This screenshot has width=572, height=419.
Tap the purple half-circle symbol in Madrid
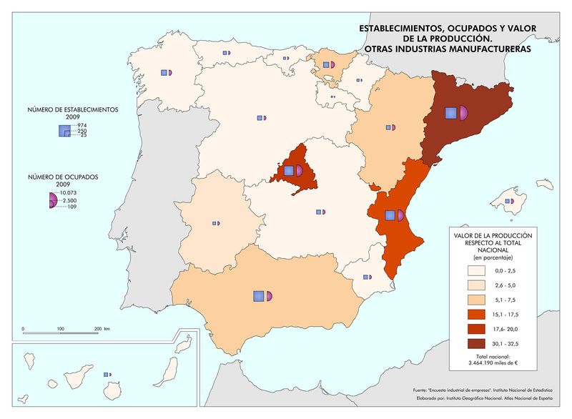tap(299, 170)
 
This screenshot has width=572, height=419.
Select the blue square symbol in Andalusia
tap(259, 295)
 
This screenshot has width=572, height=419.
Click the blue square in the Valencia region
tap(390, 215)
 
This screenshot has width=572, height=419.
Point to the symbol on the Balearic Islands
tap(510, 202)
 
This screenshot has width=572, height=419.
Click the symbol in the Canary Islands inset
tap(107, 374)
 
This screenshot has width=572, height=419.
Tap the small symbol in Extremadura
tap(215, 224)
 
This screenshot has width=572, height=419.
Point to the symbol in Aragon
tap(390, 127)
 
